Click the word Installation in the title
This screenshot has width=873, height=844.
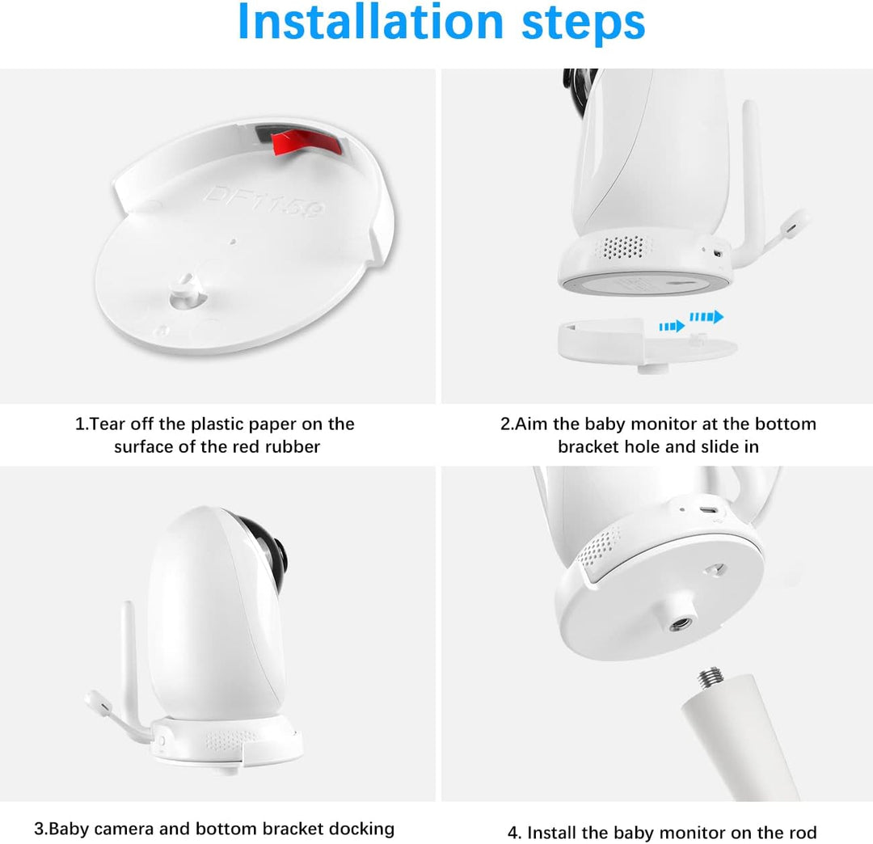click(370, 23)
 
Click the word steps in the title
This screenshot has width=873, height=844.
click(583, 25)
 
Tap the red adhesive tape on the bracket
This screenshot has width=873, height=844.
click(306, 143)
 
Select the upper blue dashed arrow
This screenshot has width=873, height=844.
click(706, 317)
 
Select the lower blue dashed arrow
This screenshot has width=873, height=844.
click(672, 327)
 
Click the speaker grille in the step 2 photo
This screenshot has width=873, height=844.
click(623, 247)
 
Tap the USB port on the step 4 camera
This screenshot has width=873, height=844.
click(708, 510)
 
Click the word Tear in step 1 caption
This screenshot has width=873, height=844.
click(107, 424)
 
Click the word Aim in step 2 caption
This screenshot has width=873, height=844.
click(532, 424)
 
